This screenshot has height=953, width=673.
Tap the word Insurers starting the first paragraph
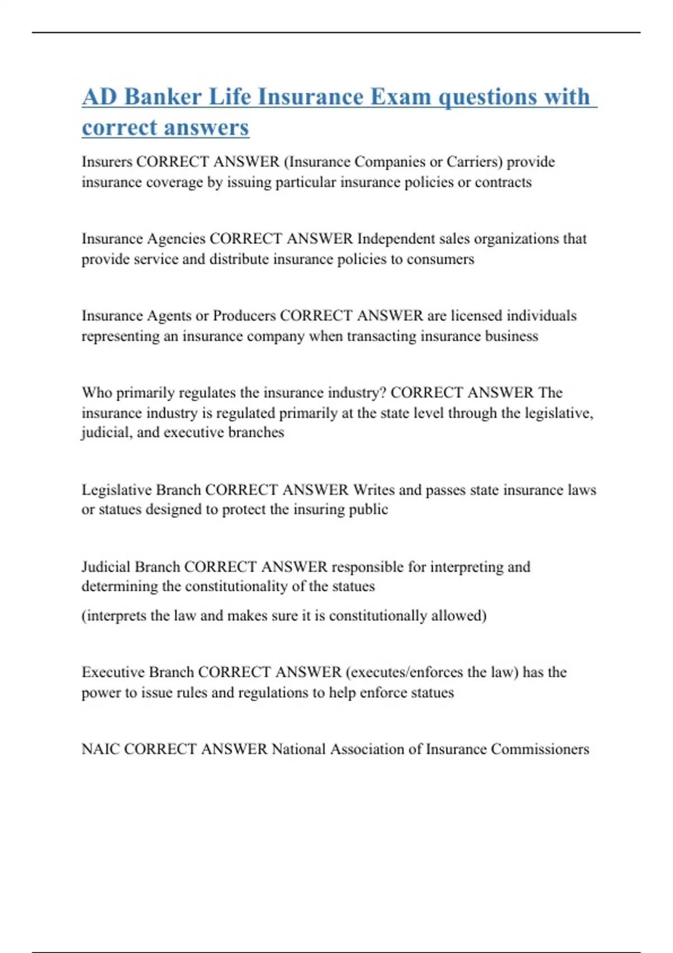click(107, 161)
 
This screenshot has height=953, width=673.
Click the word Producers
click(244, 316)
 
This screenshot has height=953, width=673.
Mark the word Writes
click(374, 490)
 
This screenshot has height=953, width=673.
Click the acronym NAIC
click(101, 749)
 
